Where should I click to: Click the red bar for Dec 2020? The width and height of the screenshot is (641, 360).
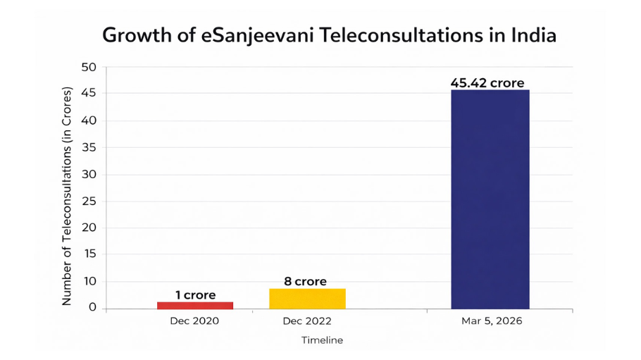click(x=195, y=305)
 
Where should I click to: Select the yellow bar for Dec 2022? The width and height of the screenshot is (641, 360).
click(x=307, y=298)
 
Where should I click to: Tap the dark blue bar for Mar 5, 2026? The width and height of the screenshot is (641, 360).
click(x=490, y=199)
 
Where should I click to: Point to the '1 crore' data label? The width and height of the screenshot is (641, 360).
click(x=195, y=294)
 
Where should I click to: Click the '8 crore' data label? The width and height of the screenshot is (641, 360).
click(x=305, y=281)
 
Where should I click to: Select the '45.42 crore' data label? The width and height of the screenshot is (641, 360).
click(x=487, y=83)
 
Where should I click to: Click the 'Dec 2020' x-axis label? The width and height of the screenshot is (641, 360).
click(x=194, y=321)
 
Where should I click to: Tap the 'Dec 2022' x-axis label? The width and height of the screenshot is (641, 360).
click(x=307, y=321)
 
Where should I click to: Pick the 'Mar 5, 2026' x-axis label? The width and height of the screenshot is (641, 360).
click(x=490, y=321)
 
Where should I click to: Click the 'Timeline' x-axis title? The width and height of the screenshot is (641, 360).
click(x=322, y=340)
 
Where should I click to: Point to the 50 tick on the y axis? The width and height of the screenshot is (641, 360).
click(x=89, y=68)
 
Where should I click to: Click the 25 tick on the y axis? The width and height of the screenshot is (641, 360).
click(x=89, y=201)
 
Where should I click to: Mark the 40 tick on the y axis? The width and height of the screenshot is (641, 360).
click(x=89, y=121)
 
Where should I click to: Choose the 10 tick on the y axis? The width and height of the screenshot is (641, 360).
click(x=89, y=282)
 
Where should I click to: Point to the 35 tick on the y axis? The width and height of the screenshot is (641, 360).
click(x=89, y=148)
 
